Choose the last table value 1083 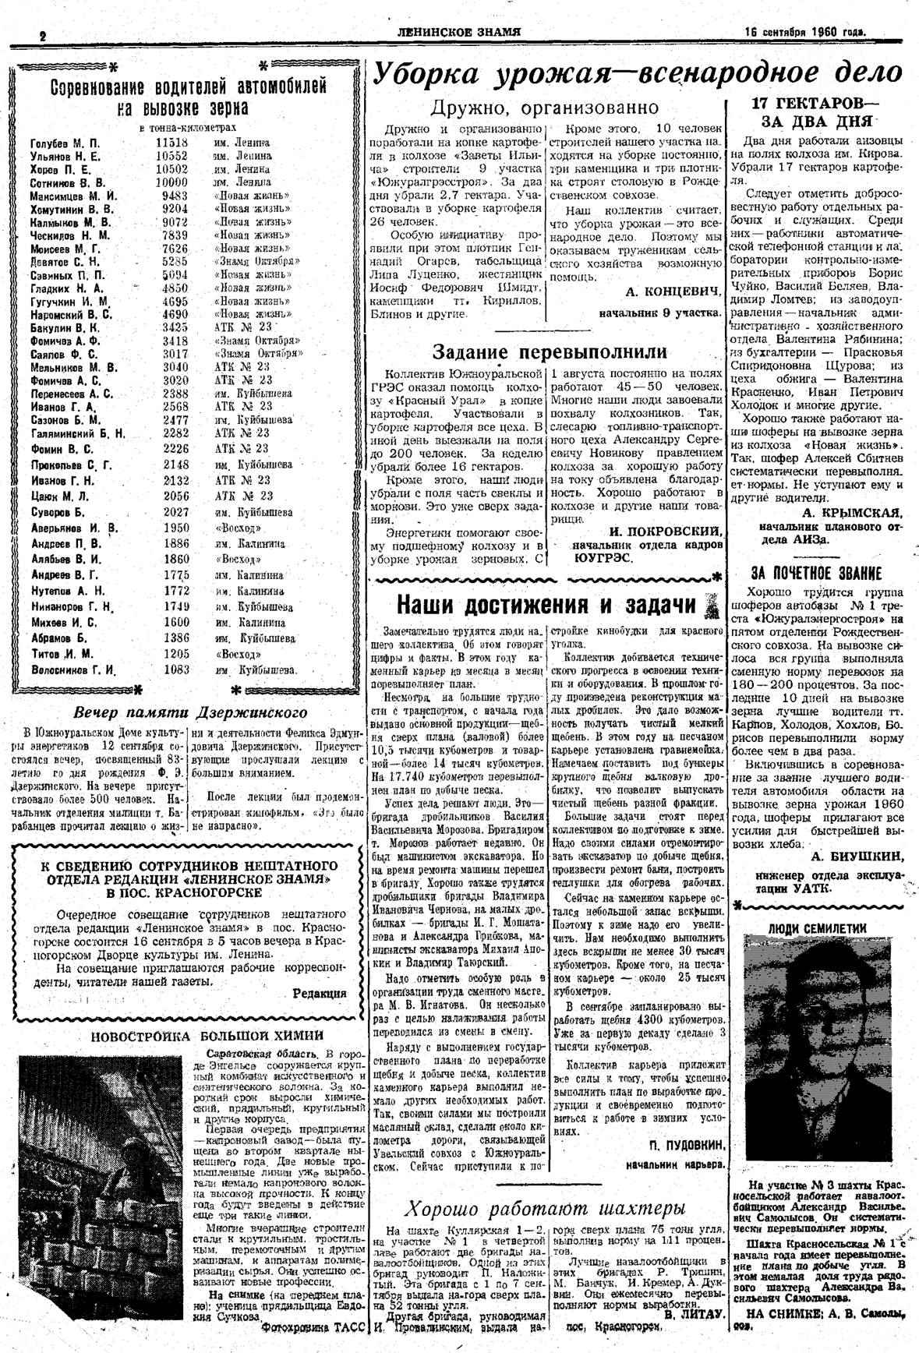[x=176, y=669]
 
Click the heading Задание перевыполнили [x=550, y=351]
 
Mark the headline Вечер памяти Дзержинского [x=189, y=712]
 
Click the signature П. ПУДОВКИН [x=686, y=1144]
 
